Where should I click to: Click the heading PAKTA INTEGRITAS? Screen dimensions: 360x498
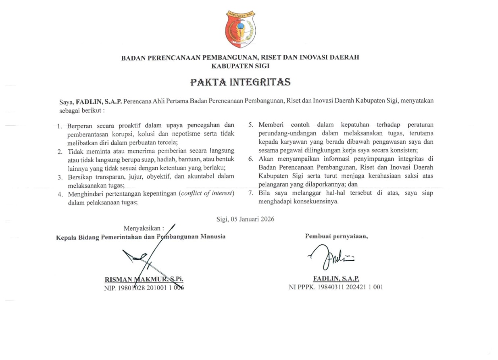(x=240, y=82)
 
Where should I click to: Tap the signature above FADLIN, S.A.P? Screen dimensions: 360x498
(x=330, y=258)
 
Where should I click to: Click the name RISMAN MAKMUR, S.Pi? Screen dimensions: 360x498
(x=146, y=279)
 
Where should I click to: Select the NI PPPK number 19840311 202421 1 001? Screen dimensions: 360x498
(x=335, y=287)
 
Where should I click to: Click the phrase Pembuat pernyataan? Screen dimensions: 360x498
(x=336, y=237)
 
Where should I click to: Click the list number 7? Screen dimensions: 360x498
(x=250, y=193)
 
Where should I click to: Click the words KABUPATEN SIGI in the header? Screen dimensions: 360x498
(x=240, y=65)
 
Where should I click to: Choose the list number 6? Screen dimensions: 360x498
(x=250, y=159)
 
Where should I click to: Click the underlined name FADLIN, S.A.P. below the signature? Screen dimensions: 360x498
(x=336, y=279)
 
